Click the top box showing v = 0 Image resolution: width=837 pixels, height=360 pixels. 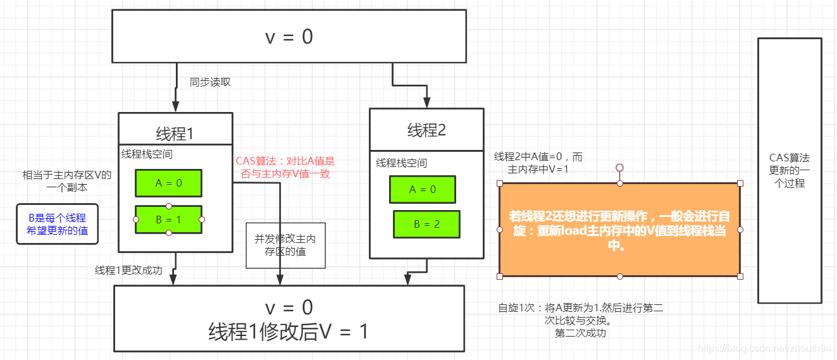[x=288, y=37]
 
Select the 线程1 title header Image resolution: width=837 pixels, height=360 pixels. [x=175, y=133]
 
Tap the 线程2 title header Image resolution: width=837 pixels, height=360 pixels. [x=426, y=130]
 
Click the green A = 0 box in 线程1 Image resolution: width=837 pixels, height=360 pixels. [x=168, y=183]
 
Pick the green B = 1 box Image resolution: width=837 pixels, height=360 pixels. [x=168, y=220]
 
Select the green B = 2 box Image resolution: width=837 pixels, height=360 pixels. [x=426, y=224]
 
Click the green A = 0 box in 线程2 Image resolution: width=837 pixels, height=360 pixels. [x=423, y=189]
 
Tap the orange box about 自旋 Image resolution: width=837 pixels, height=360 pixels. [x=619, y=230]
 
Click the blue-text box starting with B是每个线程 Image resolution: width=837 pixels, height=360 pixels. [x=58, y=224]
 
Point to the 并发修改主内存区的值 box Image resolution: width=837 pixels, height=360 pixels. [x=285, y=245]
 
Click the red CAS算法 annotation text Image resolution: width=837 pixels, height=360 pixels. [x=285, y=168]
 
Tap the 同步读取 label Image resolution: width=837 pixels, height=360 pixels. [x=211, y=82]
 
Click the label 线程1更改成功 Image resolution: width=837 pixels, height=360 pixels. [x=128, y=271]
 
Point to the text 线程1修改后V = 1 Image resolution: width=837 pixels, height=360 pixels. [x=288, y=332]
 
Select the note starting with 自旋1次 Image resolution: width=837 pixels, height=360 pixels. [x=580, y=320]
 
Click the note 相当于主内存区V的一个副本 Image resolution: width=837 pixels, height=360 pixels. [x=66, y=181]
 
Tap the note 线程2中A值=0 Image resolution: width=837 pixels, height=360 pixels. [x=538, y=163]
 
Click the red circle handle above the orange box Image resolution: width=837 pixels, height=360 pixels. [x=620, y=168]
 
